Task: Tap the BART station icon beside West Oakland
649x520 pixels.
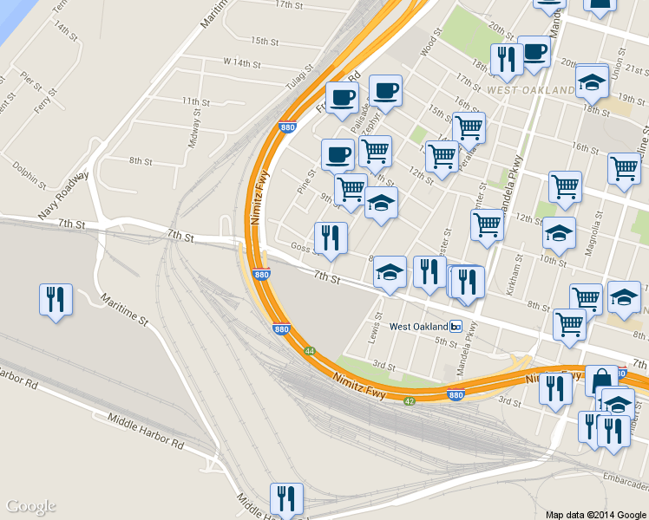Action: click(x=456, y=327)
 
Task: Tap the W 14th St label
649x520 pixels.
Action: click(x=242, y=62)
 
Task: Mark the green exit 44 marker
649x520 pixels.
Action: click(x=309, y=351)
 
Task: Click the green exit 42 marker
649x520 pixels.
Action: click(x=408, y=400)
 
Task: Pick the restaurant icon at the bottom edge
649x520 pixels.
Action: click(x=286, y=498)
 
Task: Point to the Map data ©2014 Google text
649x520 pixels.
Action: click(x=594, y=514)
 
